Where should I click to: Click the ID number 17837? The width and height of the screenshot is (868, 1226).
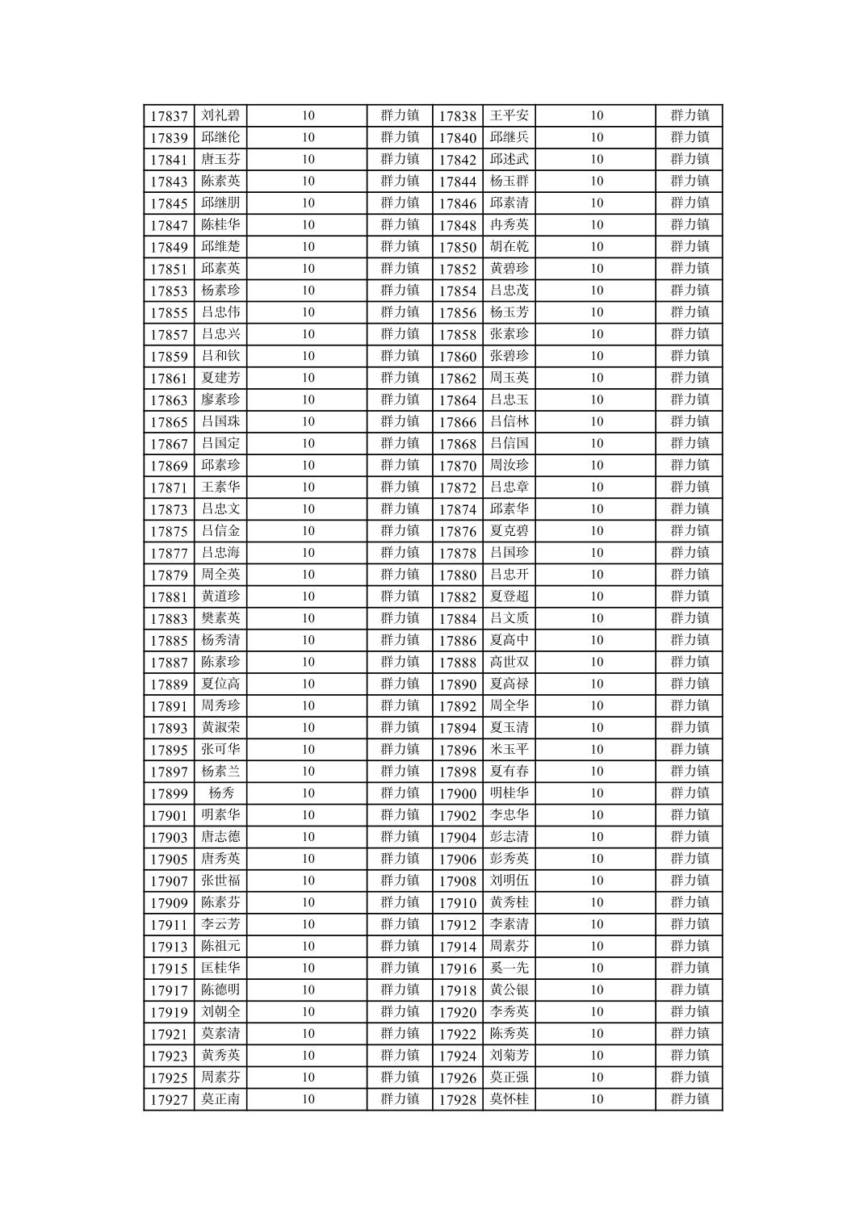click(x=169, y=116)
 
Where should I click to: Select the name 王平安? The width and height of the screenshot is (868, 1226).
click(x=509, y=115)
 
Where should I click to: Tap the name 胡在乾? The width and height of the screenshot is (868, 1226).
click(x=509, y=246)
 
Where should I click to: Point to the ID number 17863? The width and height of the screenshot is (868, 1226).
click(x=169, y=400)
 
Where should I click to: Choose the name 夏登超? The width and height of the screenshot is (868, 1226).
click(x=509, y=596)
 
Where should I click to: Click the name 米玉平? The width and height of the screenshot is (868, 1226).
click(x=509, y=749)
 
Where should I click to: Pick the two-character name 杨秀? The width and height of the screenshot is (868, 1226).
click(x=220, y=793)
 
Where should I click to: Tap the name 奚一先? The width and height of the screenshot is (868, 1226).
click(x=509, y=968)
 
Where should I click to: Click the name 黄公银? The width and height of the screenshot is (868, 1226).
click(x=509, y=990)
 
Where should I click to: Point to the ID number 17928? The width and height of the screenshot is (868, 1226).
click(x=458, y=1100)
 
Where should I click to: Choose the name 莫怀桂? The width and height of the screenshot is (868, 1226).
click(x=509, y=1098)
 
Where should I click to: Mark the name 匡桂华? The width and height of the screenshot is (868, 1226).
click(x=220, y=968)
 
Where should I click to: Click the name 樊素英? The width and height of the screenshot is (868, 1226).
click(x=220, y=618)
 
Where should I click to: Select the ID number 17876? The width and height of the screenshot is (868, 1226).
click(x=458, y=532)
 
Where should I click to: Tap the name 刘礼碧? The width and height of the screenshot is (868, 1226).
click(x=220, y=115)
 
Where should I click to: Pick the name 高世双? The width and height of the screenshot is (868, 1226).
click(x=509, y=662)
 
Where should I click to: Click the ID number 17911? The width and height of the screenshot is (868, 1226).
click(x=169, y=925)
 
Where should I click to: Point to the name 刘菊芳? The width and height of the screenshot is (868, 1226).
click(x=509, y=1055)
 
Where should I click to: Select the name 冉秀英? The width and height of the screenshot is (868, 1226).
click(x=509, y=224)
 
